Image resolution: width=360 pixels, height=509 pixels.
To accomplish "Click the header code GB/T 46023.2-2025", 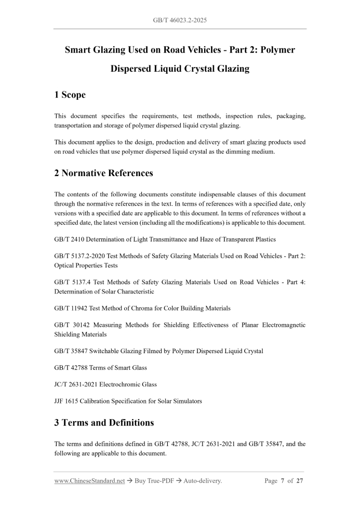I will point(180,20).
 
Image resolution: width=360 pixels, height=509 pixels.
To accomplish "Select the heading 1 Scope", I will point(70,95).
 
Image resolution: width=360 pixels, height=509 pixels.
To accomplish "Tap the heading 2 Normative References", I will point(104,173).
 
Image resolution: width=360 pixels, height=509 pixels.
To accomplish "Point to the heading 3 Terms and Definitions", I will point(104,422).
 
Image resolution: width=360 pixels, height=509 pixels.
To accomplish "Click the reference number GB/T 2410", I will point(70,239).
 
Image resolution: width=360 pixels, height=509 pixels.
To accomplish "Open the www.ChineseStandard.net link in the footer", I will point(90,481).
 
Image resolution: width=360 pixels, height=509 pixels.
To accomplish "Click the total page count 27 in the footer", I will point(300,481).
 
